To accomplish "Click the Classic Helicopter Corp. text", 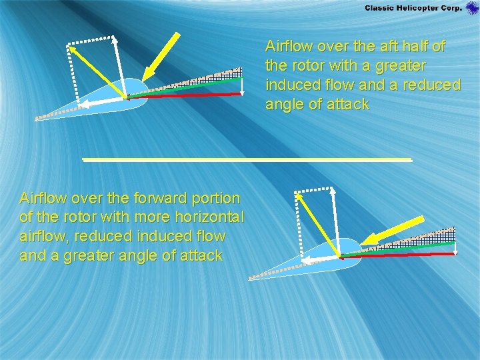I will point(413,7).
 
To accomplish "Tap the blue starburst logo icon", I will point(472,8).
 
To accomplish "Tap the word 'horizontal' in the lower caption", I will point(211,217).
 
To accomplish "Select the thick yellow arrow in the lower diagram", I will point(397,230).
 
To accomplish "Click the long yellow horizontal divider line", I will point(247,160).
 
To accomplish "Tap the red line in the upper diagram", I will point(187,95).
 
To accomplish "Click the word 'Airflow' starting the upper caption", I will point(289,47).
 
